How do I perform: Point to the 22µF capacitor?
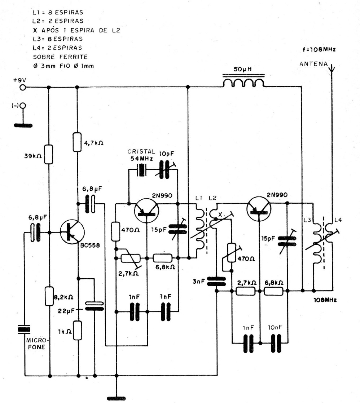point(95,306)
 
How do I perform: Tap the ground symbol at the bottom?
point(116,398)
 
